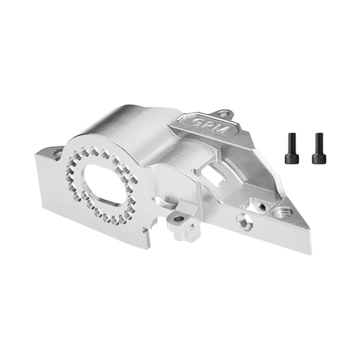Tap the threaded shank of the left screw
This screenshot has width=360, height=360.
point(292,142)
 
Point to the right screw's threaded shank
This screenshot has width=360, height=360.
point(318,142)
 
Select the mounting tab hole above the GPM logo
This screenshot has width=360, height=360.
point(223,113)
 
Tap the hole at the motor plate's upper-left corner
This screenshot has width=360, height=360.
point(58,154)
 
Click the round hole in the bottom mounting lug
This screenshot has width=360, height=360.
point(178,220)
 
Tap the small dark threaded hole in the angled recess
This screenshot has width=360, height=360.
point(262,206)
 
